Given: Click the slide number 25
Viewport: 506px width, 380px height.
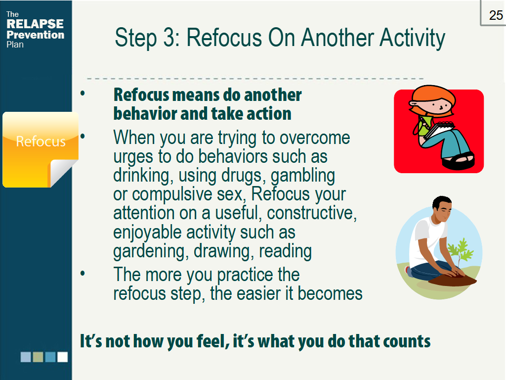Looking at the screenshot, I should pos(496,15).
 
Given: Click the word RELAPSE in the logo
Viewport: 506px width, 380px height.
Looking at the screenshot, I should pos(35,24).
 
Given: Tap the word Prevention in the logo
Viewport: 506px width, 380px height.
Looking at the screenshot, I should pos(35,35).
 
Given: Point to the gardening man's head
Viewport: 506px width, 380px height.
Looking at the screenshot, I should pos(441,208).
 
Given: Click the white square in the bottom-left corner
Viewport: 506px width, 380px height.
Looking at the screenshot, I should pos(62,357).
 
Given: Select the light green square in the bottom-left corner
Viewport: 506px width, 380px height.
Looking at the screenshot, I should pos(38,357).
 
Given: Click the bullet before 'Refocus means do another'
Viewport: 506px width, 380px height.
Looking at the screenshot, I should pos(83,94).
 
